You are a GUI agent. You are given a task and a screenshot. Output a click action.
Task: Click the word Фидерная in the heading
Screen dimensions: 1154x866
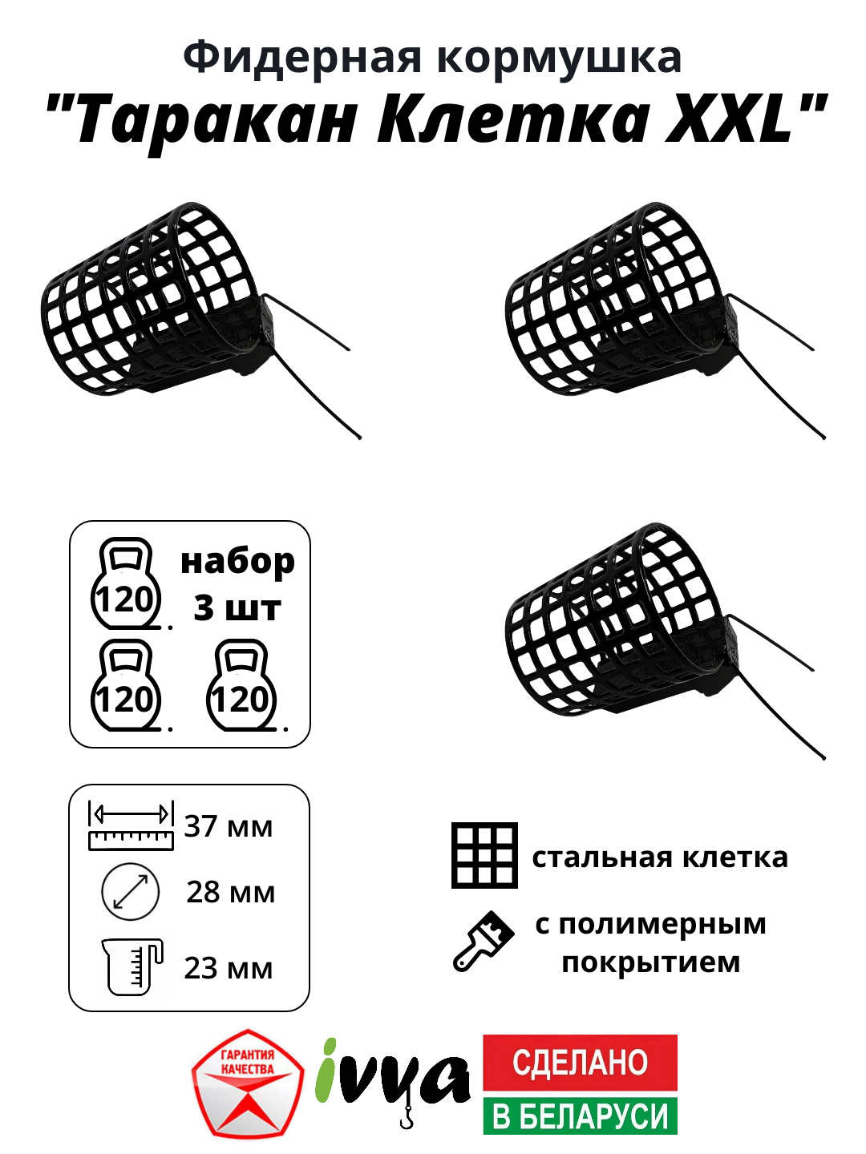301,58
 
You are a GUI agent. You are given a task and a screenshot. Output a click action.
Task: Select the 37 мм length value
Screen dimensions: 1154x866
229,826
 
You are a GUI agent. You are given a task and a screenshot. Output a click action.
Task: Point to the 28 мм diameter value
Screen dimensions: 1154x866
230,892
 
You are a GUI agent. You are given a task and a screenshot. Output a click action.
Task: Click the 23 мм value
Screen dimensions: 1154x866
229,968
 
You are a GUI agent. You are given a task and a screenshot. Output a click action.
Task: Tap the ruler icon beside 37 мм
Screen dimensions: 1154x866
131,825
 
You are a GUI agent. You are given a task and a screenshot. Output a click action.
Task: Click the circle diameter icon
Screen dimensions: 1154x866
131,891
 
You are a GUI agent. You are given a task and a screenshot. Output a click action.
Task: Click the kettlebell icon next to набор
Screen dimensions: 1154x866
126,584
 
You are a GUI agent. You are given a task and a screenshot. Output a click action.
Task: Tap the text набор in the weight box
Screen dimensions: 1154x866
237,562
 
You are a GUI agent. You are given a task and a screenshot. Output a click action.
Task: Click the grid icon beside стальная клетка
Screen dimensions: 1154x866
484,855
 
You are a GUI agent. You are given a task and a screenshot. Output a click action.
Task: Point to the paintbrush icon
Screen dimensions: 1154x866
484,942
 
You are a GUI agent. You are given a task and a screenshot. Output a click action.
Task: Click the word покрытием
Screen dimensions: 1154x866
650,962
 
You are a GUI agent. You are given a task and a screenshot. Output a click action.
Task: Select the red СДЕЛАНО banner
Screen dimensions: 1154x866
580,1063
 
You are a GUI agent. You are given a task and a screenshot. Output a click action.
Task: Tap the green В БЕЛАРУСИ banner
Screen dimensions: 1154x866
580,1116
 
